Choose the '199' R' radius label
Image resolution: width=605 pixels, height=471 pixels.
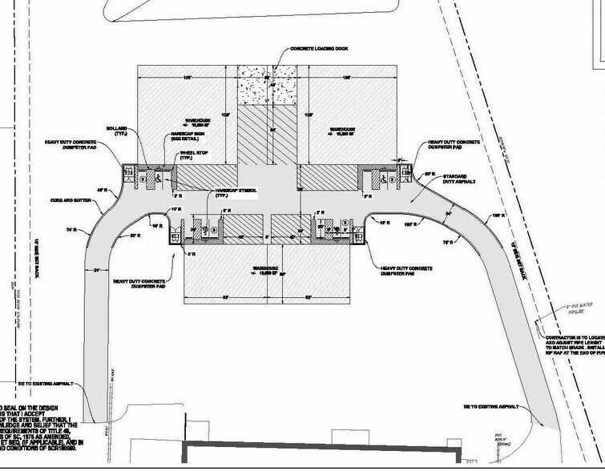tap(497, 215)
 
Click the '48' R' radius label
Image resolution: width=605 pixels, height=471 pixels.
tap(102, 189)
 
